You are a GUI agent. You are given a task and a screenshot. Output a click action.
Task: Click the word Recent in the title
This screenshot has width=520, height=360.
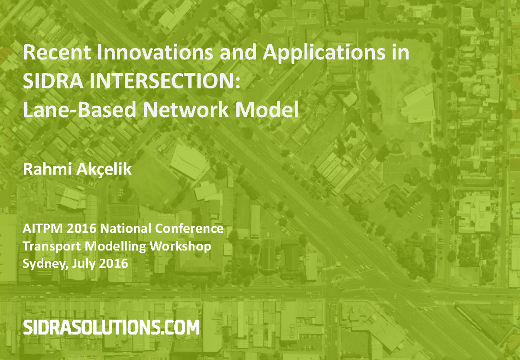tap(57, 52)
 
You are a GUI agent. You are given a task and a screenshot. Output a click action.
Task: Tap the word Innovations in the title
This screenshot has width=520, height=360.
tap(155, 52)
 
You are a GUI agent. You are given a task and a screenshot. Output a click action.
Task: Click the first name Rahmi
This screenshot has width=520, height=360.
tap(47, 169)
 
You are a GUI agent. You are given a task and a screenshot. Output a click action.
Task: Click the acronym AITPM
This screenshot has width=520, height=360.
tap(43, 229)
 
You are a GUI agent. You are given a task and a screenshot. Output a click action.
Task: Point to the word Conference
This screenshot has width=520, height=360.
tap(189, 229)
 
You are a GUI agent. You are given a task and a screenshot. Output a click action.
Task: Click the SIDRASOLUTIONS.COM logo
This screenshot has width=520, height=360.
tap(111, 328)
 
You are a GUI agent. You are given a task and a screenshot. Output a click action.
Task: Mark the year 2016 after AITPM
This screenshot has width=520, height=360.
tap(81, 229)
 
